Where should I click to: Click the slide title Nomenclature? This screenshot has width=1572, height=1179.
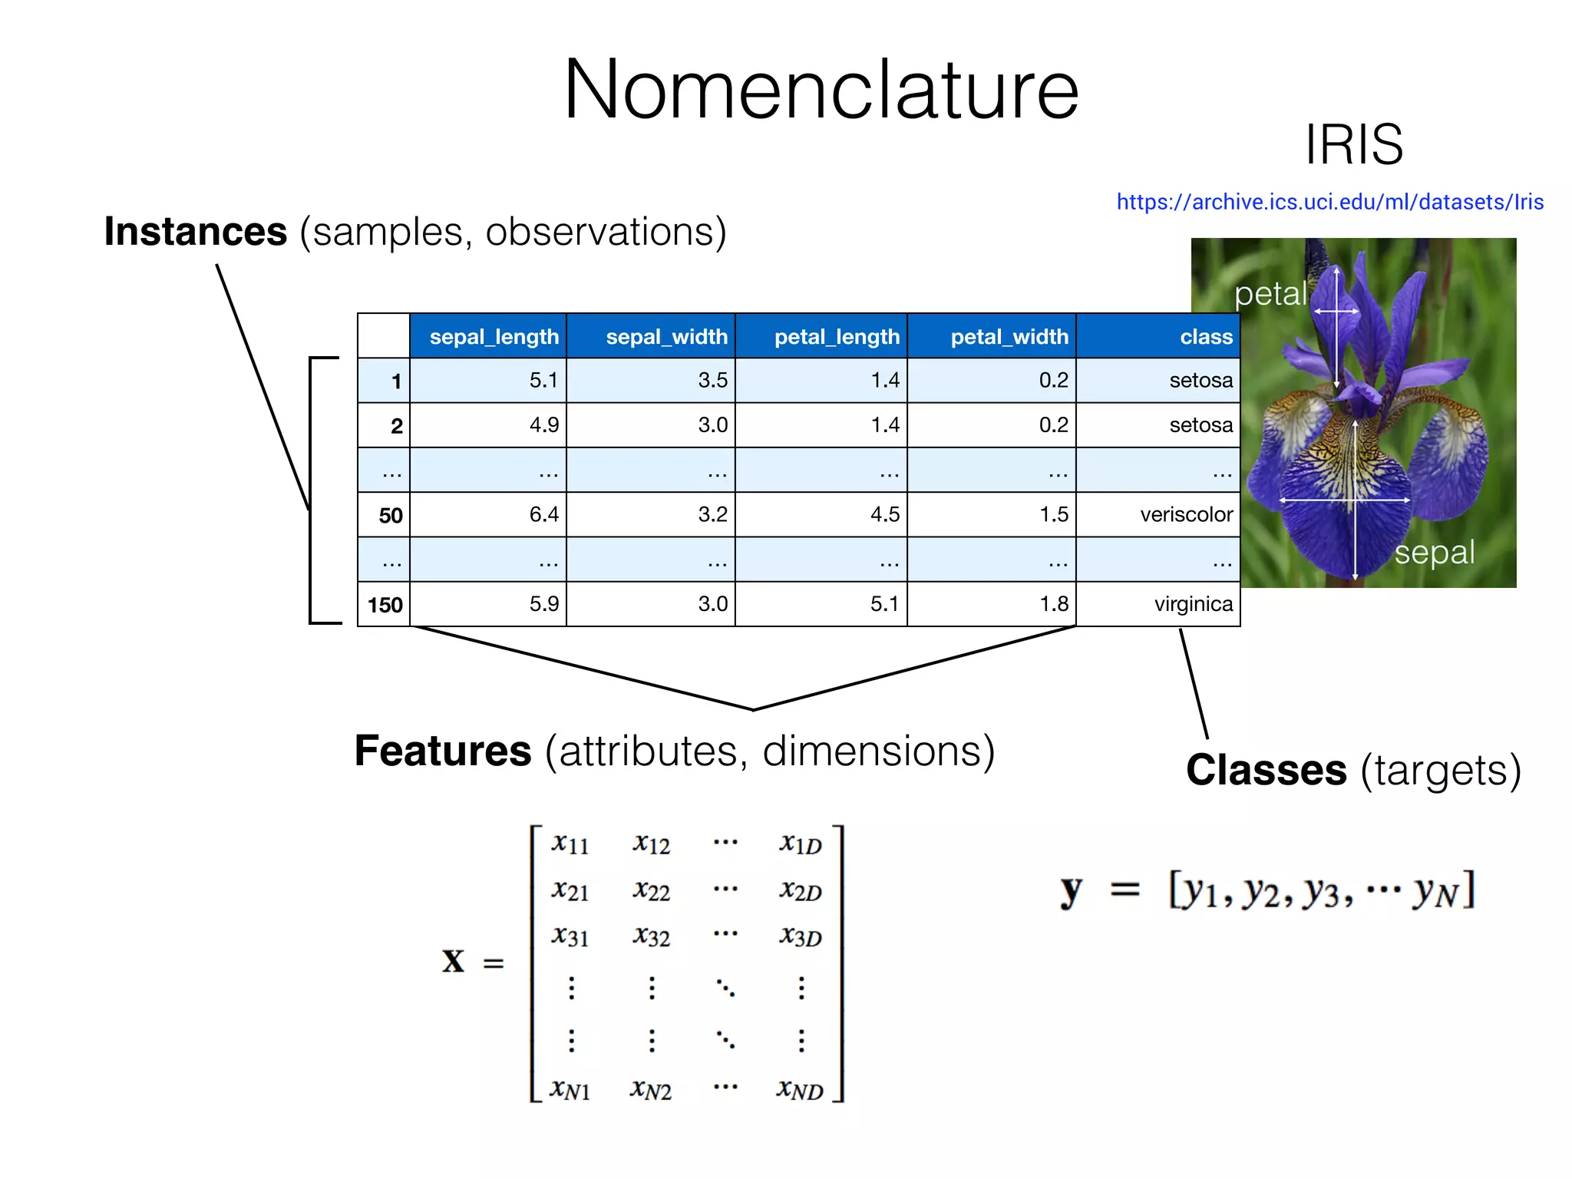[821, 91]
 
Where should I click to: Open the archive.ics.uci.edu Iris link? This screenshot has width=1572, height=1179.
[1329, 202]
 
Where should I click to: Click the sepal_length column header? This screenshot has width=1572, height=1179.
[494, 336]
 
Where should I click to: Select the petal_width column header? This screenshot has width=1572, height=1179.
[1009, 336]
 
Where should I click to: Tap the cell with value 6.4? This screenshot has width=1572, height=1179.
[543, 514]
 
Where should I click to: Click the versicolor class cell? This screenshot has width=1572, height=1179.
[1186, 514]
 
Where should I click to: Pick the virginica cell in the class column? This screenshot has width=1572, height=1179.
[1193, 604]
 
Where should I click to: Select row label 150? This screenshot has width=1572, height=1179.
[385, 605]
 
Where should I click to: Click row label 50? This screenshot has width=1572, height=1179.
[390, 515]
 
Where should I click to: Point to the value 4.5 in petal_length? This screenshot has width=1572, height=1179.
[884, 514]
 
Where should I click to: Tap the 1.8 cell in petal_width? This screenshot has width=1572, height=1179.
[1053, 604]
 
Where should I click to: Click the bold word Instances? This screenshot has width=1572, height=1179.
[196, 232]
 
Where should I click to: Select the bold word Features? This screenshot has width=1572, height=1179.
[443, 751]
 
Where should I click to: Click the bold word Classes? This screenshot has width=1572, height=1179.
[1266, 770]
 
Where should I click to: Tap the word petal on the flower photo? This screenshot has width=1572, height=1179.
[1270, 294]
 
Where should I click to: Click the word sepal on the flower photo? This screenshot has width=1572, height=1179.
[1434, 553]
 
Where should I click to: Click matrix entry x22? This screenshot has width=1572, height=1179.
[651, 890]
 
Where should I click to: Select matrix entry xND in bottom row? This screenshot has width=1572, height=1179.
[799, 1089]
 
